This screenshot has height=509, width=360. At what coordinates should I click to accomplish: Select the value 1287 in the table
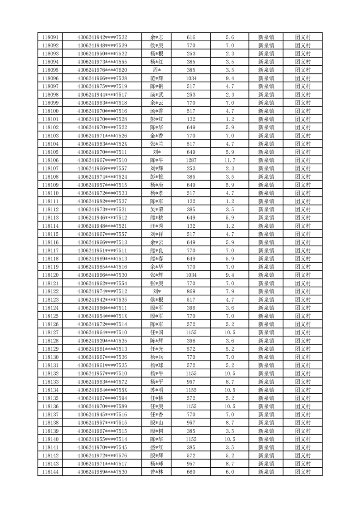191,160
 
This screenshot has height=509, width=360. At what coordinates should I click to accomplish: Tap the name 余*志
157,37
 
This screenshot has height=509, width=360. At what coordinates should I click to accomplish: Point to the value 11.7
229,160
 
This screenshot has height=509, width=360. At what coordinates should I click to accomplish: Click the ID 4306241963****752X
102,144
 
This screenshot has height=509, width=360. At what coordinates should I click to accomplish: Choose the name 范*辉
157,78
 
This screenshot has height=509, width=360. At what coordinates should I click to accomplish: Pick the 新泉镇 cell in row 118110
266,193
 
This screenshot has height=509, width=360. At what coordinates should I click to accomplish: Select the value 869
191,291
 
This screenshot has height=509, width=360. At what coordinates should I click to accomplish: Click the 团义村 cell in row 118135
302,398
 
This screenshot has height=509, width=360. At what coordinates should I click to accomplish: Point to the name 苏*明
157,390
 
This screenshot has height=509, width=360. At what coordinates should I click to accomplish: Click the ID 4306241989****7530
102,472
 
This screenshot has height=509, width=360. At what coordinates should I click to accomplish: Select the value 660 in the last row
191,472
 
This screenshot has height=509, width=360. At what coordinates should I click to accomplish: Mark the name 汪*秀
157,226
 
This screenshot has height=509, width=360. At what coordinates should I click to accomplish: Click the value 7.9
229,291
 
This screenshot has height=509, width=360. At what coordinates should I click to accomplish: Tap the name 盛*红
157,447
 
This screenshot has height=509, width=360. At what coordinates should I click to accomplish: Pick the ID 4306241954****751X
102,316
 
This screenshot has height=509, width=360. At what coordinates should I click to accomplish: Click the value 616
191,37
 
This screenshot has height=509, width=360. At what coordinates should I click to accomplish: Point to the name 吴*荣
157,209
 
